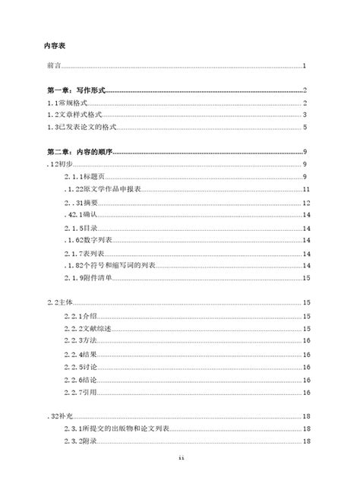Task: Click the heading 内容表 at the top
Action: pos(56,46)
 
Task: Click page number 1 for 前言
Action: pos(304,67)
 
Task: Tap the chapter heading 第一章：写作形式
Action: pos(75,90)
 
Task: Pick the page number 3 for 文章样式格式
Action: pos(304,114)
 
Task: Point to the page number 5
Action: pos(304,126)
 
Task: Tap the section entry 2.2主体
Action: pos(59,303)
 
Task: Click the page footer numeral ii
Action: pos(180,459)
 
